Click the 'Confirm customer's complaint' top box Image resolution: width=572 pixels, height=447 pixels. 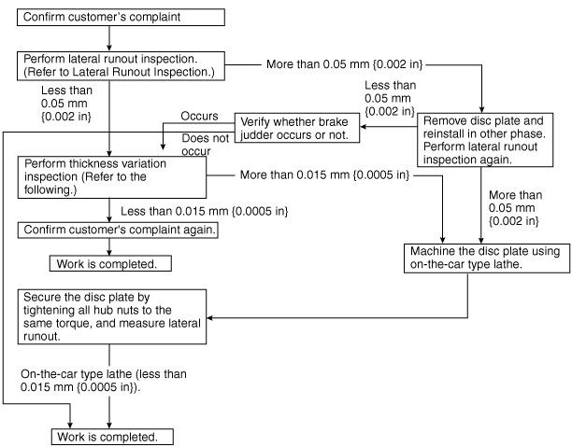121,18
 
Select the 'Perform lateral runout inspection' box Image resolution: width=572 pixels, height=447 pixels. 121,66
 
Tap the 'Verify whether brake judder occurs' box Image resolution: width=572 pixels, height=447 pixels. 297,128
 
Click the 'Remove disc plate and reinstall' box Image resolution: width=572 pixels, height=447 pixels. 485,140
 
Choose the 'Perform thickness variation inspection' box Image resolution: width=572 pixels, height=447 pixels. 112,177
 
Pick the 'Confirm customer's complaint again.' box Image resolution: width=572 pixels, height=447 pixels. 118,230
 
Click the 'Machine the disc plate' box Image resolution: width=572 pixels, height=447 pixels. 487,258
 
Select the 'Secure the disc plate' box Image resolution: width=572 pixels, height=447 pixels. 112,317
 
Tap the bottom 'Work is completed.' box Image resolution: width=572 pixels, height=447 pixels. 112,437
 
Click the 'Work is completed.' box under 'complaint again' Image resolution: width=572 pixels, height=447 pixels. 110,263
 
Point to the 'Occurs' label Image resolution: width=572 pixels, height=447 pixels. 199,117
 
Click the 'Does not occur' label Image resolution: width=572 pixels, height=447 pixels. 205,145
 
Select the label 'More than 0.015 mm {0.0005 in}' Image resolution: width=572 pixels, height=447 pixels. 324,175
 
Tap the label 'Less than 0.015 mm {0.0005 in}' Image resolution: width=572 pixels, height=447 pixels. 205,211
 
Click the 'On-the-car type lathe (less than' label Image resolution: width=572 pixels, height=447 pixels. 104,374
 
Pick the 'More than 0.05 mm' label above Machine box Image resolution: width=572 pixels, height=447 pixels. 515,208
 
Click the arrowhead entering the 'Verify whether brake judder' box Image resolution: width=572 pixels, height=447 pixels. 364,127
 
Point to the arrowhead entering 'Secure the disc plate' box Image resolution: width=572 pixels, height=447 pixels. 209,317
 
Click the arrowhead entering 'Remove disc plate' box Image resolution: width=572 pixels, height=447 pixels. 481,110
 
